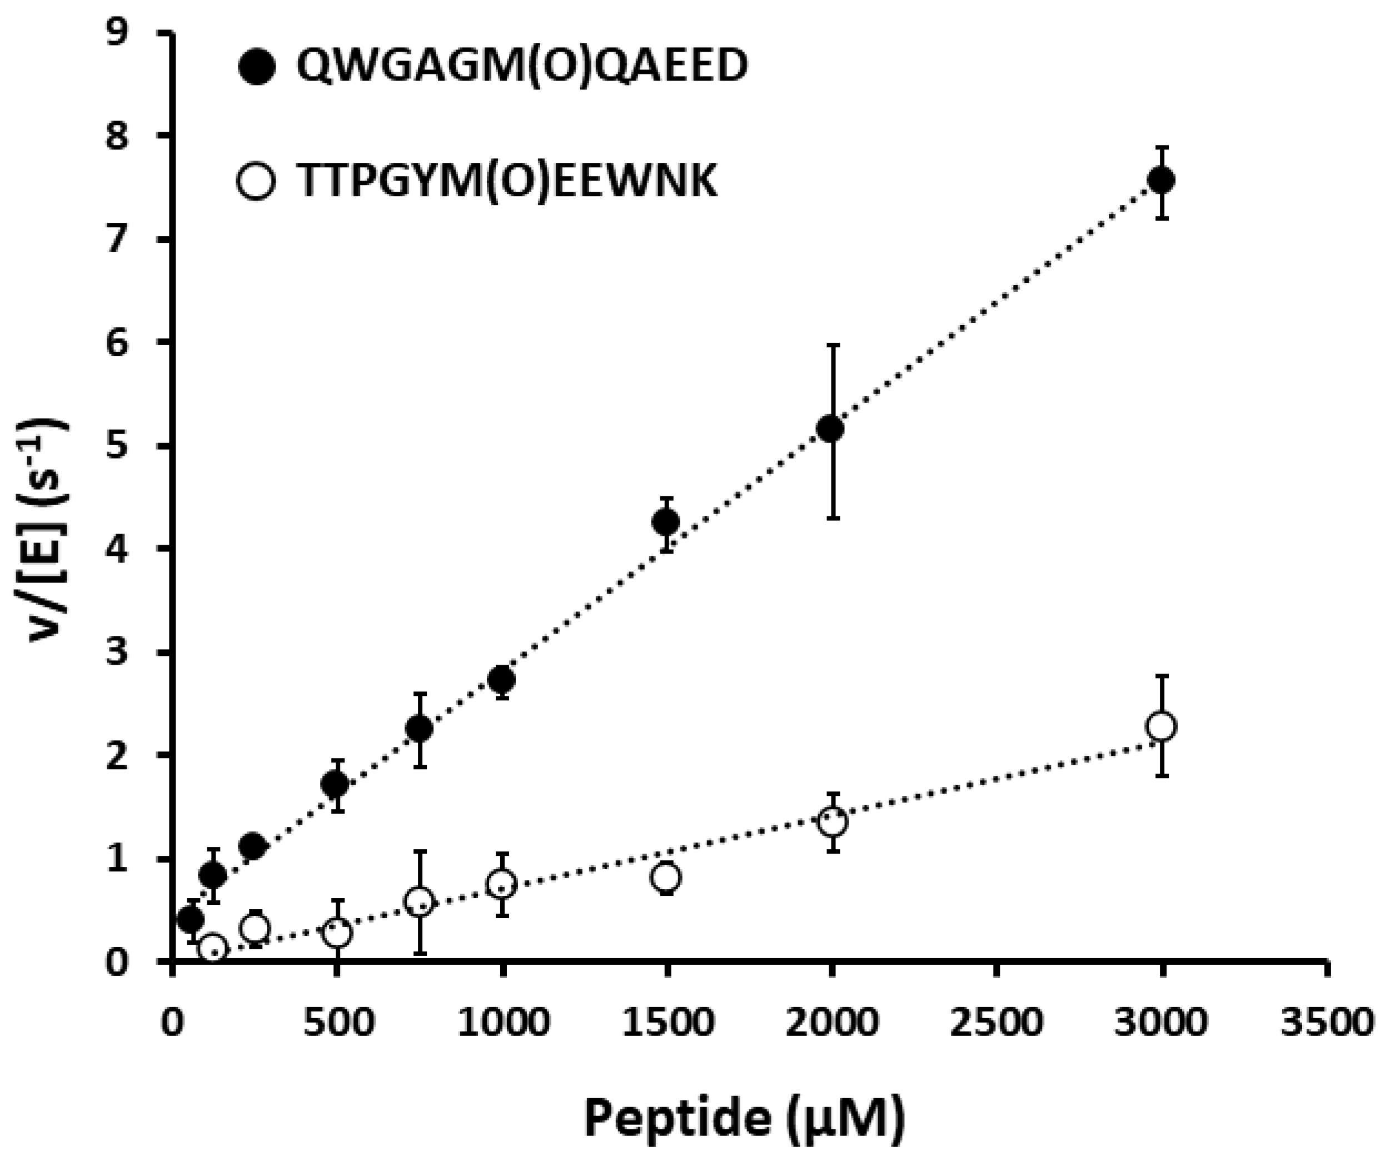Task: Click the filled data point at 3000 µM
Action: click(x=1161, y=180)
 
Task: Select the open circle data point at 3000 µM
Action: click(x=1161, y=726)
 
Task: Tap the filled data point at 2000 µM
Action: click(x=831, y=429)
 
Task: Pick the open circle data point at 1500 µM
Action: click(x=666, y=877)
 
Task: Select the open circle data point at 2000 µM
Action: click(x=832, y=823)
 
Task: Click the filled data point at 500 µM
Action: click(x=336, y=784)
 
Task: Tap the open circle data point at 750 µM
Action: click(x=419, y=902)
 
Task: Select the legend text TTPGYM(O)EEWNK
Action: click(x=507, y=182)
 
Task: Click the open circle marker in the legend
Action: click(x=256, y=181)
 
